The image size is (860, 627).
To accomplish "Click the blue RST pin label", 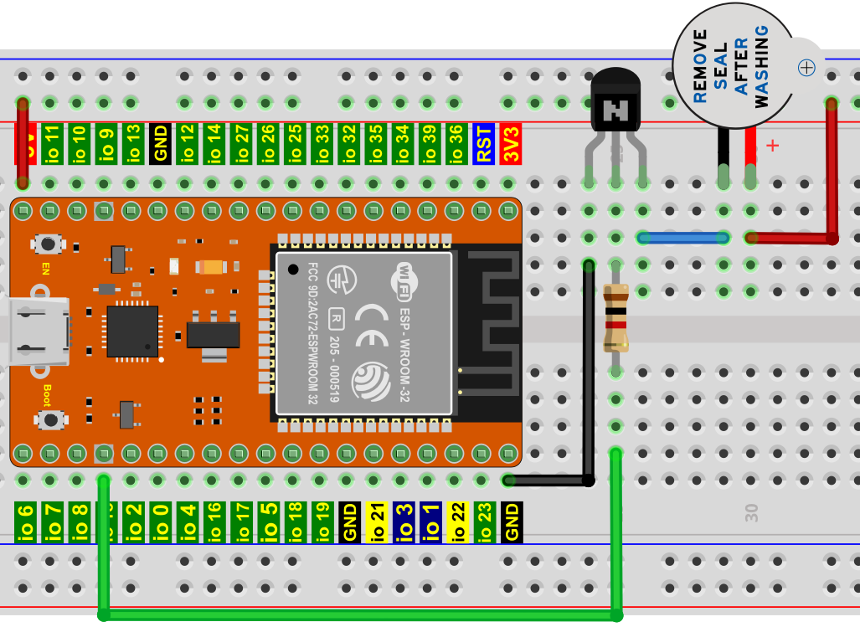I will (483, 144).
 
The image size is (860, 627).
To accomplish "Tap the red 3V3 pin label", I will (510, 144).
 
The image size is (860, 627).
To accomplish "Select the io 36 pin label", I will (456, 144).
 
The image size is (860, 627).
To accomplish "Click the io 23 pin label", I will (484, 522).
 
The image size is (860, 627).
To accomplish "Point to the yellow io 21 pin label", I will (376, 522).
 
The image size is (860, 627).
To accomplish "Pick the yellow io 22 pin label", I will (457, 522).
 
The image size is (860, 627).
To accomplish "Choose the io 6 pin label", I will (25, 522).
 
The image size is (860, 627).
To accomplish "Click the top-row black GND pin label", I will (159, 144).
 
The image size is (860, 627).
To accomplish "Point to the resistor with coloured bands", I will (615, 318).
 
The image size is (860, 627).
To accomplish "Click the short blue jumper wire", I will (682, 238).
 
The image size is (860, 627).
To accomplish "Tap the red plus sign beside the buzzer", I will (772, 146).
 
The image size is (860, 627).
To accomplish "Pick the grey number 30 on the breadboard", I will (752, 513).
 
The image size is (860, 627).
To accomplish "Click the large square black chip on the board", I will (131, 331).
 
